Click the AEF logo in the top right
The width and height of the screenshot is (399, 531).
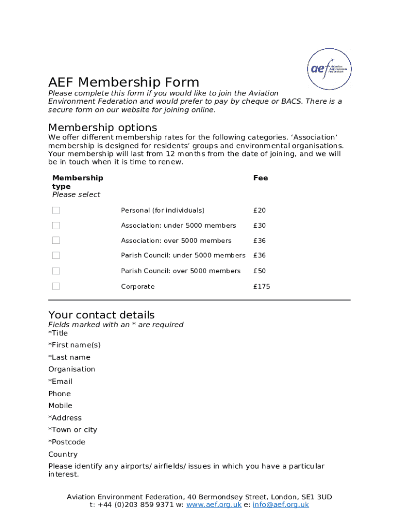pos(330,69)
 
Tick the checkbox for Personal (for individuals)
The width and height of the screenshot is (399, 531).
pos(56,210)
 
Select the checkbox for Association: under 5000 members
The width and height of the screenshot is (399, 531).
pos(56,226)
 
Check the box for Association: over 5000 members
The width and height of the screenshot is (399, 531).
pos(56,240)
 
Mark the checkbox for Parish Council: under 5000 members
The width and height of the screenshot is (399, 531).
pos(56,255)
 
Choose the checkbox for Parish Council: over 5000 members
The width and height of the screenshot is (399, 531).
pos(56,271)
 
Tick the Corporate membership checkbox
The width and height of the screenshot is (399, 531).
pos(56,286)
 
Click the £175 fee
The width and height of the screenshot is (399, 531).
pos(261,287)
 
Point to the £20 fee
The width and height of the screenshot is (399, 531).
pos(259,211)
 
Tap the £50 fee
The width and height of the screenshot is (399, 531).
pos(259,271)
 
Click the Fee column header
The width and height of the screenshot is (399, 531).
pos(260,178)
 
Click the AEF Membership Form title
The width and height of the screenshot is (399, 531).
pos(123,82)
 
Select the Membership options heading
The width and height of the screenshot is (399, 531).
pos(103,128)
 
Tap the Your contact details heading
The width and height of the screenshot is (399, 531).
pos(101,315)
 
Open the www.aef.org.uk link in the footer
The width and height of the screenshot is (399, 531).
pos(213,505)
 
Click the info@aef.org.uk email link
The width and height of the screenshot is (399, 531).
pos(280,505)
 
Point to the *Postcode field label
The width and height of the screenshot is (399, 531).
pos(67,442)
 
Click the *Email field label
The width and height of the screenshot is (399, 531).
pos(61,382)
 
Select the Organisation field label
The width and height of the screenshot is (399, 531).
pos(72,369)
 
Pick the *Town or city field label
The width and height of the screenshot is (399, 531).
pos(73,430)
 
